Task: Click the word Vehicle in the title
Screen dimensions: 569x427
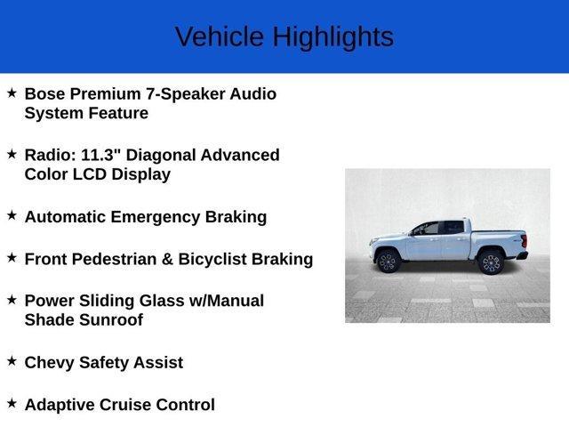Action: tap(220, 36)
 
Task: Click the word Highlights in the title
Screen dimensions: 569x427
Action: tap(333, 37)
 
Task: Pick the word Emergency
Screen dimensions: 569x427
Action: tap(156, 217)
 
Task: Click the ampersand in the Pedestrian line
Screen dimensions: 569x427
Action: tap(167, 259)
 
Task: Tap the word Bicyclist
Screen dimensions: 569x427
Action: tap(212, 260)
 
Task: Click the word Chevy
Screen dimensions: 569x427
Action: tap(50, 363)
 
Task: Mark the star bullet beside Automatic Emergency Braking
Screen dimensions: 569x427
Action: tap(12, 215)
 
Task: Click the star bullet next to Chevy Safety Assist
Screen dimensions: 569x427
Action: tap(12, 361)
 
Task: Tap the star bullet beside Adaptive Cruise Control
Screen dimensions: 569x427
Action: tap(12, 403)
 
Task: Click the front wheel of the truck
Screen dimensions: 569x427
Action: tap(389, 262)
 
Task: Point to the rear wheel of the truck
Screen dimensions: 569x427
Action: tap(491, 262)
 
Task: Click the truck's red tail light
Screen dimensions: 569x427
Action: tap(524, 241)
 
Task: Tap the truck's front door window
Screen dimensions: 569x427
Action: tap(427, 229)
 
